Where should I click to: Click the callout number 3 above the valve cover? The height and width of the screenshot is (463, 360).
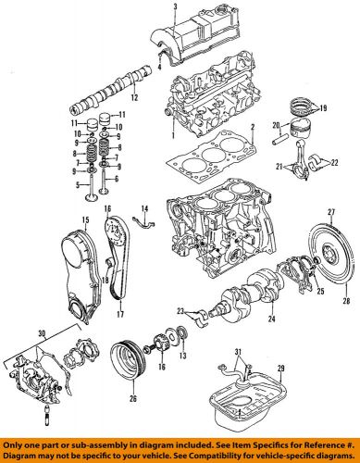coord(174,6)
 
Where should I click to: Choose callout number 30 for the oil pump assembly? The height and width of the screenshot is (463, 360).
coord(14,333)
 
